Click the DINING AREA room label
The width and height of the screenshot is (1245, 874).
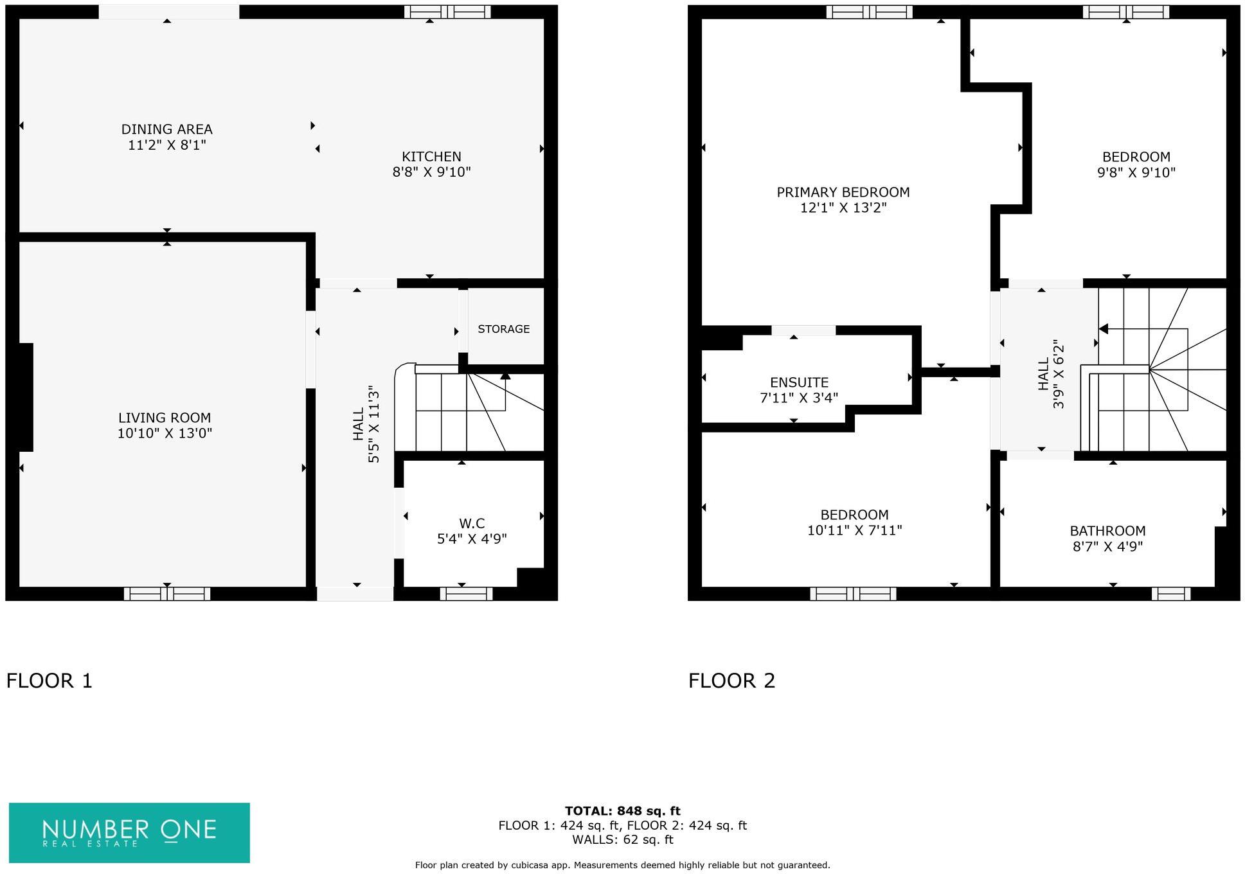[x=166, y=129]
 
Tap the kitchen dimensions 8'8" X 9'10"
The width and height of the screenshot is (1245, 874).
[x=431, y=172]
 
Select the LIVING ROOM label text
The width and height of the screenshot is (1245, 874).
[x=165, y=418]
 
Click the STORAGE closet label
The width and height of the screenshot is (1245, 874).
[x=503, y=329]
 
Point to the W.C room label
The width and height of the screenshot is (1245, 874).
[x=472, y=523]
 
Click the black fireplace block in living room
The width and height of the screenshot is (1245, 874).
[x=25, y=397]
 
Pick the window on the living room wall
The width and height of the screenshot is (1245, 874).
[x=167, y=594]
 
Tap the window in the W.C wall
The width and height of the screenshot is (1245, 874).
[x=466, y=594]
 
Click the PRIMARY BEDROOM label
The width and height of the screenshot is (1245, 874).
[x=843, y=192]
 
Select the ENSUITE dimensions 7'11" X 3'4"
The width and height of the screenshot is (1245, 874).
[x=799, y=398]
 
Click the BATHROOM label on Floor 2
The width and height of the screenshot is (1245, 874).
[x=1107, y=531]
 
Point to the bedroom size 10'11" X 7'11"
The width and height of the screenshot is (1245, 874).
[x=854, y=531]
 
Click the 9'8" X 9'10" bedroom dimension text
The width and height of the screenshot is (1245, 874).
[x=1136, y=173]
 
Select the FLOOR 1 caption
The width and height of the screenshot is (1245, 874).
[x=49, y=681]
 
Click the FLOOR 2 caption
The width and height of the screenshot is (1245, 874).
[x=731, y=681]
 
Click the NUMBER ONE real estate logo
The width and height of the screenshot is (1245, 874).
[x=129, y=832]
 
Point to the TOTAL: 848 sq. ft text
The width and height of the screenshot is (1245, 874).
[x=622, y=811]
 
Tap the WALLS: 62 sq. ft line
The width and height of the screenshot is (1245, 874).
[x=622, y=840]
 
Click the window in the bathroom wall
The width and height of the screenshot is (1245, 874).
[x=1170, y=594]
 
